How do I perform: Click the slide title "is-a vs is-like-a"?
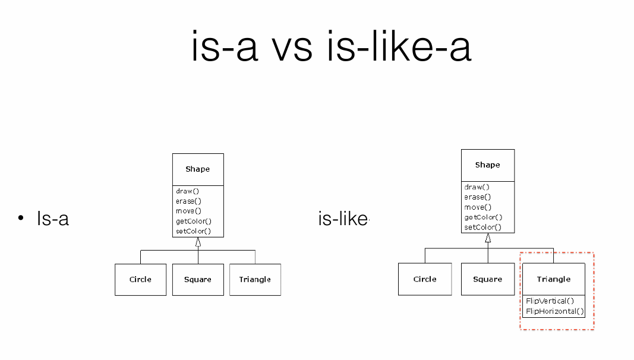click(332, 48)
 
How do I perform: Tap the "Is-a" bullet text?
click(53, 219)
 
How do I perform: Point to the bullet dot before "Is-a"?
click(21, 219)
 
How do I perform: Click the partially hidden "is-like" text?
click(343, 219)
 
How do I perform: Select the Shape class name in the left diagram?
click(197, 169)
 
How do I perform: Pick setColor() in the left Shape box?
click(194, 231)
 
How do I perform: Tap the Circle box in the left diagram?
click(140, 279)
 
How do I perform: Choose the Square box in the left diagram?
click(198, 279)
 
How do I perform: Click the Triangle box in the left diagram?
click(255, 279)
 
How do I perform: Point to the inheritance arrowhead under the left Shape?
click(198, 242)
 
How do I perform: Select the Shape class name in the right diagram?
click(487, 165)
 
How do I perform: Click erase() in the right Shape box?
click(478, 197)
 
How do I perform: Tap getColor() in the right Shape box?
click(483, 217)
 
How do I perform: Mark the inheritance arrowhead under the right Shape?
click(488, 238)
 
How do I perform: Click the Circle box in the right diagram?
click(425, 279)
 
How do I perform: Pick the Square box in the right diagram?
click(487, 279)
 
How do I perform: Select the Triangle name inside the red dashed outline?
click(553, 279)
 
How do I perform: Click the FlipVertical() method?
click(550, 301)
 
